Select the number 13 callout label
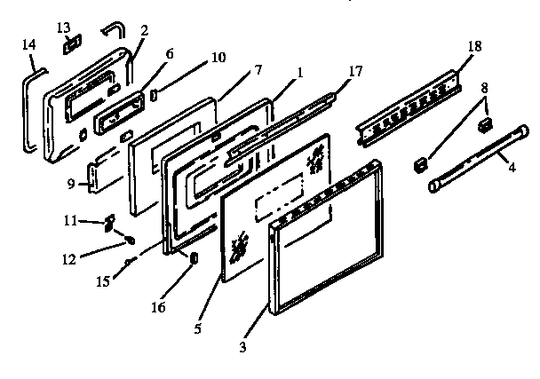click(63, 25)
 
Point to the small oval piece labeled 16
click(191, 257)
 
